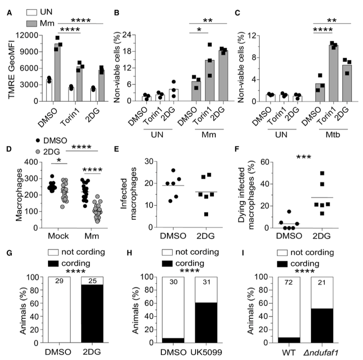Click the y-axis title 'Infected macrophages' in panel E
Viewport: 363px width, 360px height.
131,194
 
